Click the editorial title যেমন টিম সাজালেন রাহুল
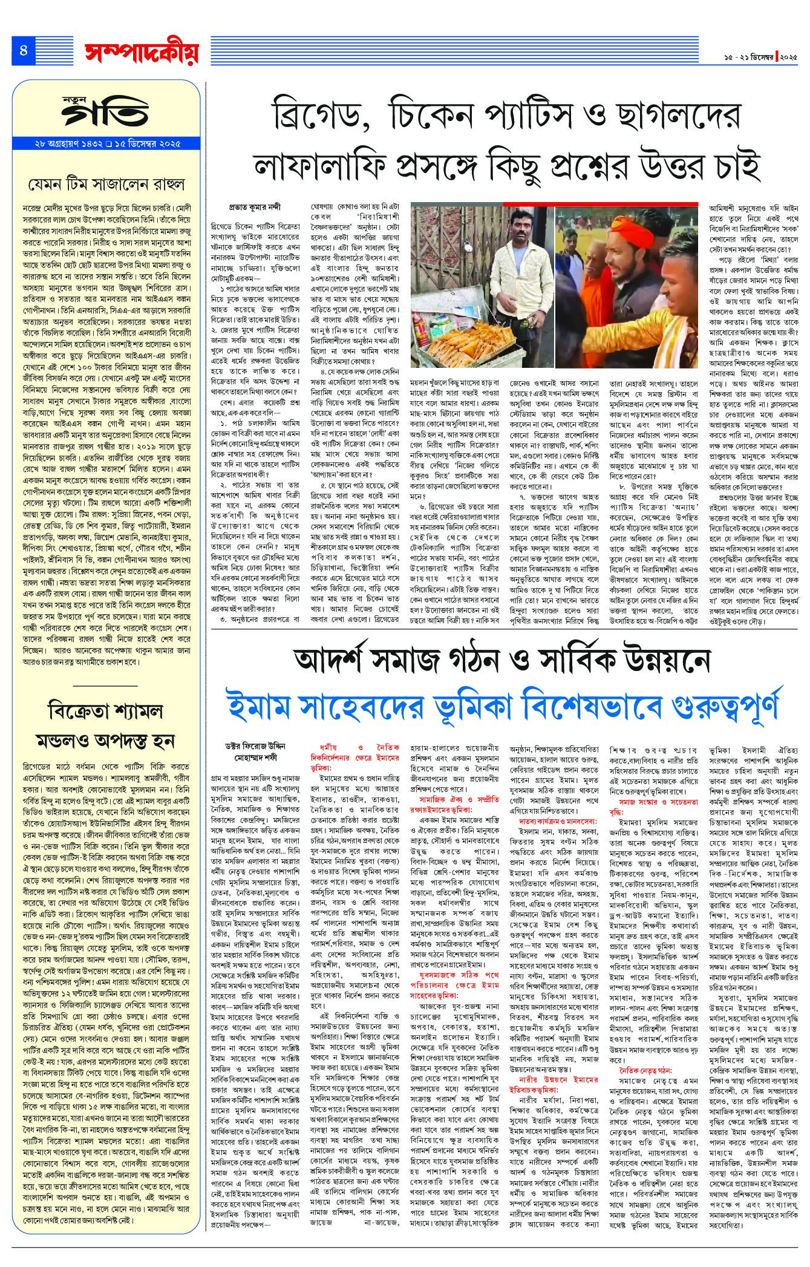click(107, 183)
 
